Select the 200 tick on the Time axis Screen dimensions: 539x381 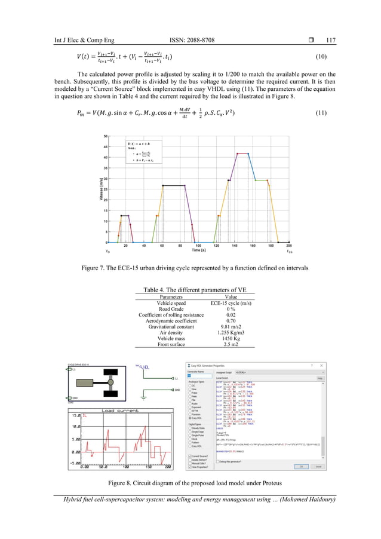tap(290, 246)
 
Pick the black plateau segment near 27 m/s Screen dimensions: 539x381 tap(174, 185)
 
